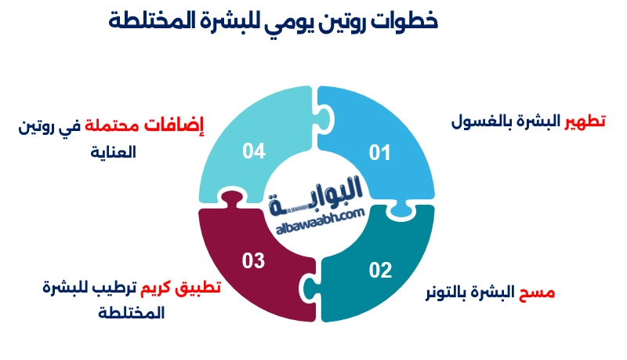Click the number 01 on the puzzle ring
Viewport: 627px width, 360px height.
point(379,152)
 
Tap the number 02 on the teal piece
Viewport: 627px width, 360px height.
point(380,271)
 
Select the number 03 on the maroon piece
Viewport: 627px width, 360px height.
point(253,261)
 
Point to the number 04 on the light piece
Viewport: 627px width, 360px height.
point(254,151)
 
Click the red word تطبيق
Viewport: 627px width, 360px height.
point(204,286)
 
